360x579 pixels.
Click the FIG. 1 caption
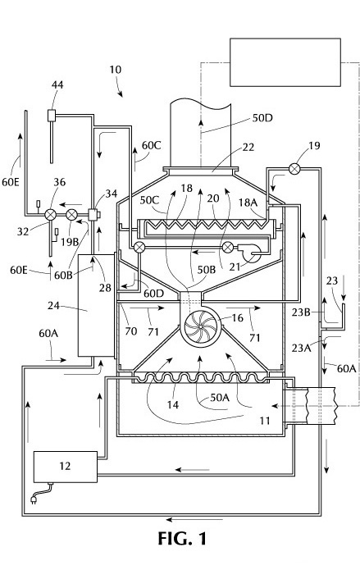182,539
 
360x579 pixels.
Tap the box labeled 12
66,467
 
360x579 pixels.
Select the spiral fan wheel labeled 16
200,326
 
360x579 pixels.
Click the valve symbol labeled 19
294,169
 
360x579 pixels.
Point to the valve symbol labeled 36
50,214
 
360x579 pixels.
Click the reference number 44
57,85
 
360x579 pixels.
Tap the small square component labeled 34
93,214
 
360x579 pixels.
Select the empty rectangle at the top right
285,62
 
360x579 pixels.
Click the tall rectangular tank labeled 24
96,305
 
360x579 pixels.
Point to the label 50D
262,118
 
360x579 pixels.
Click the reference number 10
115,70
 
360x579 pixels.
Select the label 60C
152,145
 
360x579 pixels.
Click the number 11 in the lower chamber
265,421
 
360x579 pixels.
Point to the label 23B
301,312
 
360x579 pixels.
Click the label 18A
248,203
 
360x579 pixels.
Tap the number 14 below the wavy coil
173,405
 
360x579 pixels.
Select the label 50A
220,397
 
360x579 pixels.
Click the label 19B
70,242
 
